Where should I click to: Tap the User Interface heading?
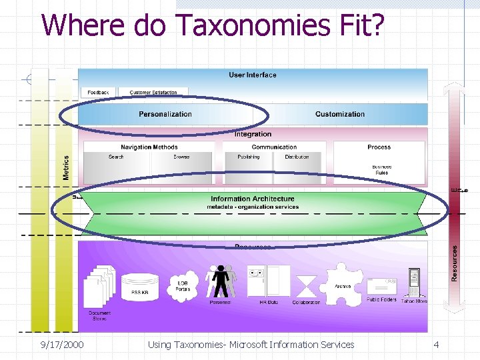pos(252,75)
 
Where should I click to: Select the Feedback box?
pos(98,92)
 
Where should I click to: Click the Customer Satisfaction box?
pos(153,92)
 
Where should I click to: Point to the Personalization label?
pos(165,114)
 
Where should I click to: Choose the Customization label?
pos(340,114)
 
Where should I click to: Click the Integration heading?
pos(253,135)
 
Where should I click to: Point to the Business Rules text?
pos(381,170)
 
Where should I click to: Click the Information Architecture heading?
pos(252,199)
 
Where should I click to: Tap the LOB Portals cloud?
pos(183,284)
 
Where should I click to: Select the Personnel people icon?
pos(221,281)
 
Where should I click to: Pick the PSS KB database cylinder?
pos(141,286)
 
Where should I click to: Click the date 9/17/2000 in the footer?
pos(62,345)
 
